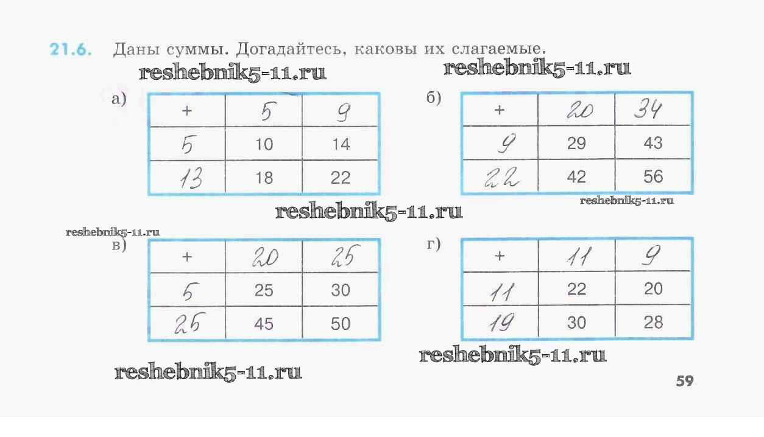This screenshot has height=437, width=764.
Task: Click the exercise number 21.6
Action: [x=71, y=50]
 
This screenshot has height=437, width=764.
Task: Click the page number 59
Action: [x=684, y=382]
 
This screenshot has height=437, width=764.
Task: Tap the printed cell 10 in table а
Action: [x=264, y=144]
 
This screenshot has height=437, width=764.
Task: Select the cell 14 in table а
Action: [x=341, y=144]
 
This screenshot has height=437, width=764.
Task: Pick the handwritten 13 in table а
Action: [x=191, y=179]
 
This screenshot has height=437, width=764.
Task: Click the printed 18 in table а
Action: [x=264, y=178]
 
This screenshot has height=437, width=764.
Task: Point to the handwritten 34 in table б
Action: [x=648, y=110]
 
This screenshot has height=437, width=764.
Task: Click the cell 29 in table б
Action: [x=576, y=144]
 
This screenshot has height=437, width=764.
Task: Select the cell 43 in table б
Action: [x=653, y=144]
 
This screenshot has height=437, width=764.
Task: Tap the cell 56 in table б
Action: [x=653, y=177]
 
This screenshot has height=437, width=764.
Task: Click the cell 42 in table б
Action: [x=576, y=177]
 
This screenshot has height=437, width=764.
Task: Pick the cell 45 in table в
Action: [x=264, y=323]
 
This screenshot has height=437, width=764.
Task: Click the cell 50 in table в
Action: [x=341, y=323]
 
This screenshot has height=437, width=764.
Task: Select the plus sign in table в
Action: [x=186, y=257]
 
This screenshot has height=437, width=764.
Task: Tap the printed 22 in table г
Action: [x=576, y=289]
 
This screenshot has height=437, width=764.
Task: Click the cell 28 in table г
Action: [x=653, y=322]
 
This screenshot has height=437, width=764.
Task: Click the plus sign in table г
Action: [x=500, y=256]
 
